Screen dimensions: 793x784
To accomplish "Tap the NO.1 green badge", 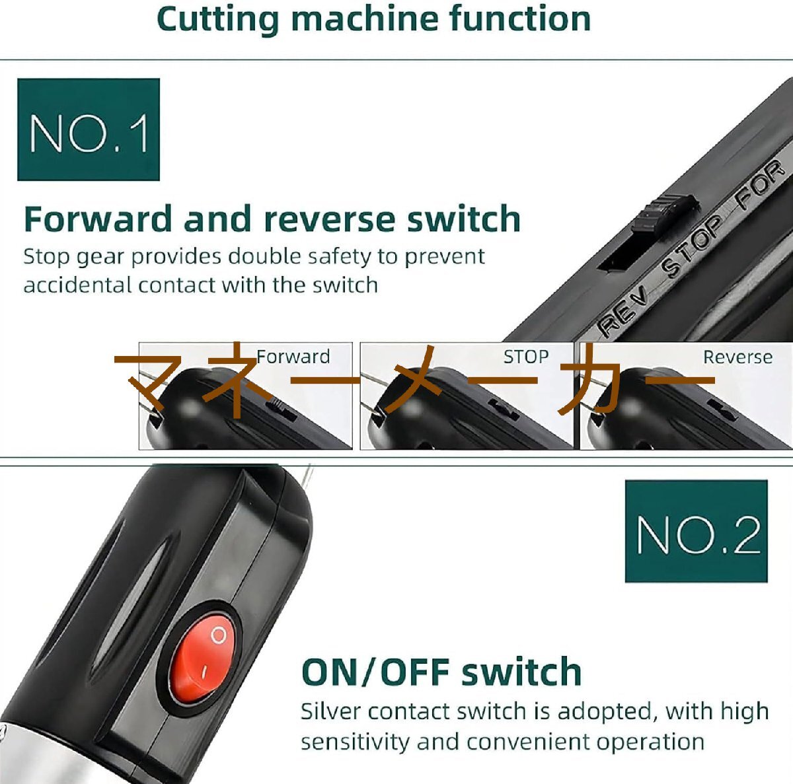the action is coord(89,129).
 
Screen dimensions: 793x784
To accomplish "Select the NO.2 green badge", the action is coord(697,531).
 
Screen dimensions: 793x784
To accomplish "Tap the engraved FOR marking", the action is coord(760,184).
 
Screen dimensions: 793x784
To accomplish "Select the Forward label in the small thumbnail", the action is coord(293,356).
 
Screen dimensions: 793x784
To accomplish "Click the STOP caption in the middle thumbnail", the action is coord(526,356).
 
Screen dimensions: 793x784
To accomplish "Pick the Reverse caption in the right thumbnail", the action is coord(737,357).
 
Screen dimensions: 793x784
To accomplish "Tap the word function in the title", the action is coord(520,18).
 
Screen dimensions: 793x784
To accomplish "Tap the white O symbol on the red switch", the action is coord(218,635).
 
